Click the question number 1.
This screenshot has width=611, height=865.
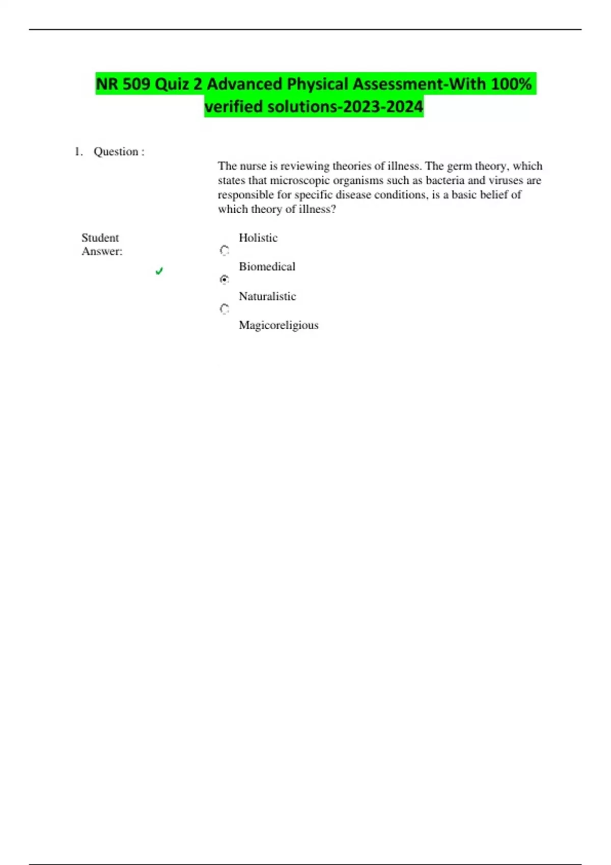click(78, 152)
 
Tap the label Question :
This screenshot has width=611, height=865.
click(119, 152)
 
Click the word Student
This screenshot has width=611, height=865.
click(100, 238)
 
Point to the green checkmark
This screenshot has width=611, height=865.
click(159, 271)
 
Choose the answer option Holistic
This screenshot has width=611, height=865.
click(258, 238)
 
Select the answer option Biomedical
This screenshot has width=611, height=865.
click(267, 267)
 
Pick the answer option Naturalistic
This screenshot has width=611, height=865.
click(267, 296)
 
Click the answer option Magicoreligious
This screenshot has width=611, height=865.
click(279, 325)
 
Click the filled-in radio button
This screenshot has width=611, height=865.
click(225, 279)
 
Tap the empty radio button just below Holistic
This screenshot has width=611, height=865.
click(225, 250)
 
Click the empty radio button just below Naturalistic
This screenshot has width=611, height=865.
click(225, 309)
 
